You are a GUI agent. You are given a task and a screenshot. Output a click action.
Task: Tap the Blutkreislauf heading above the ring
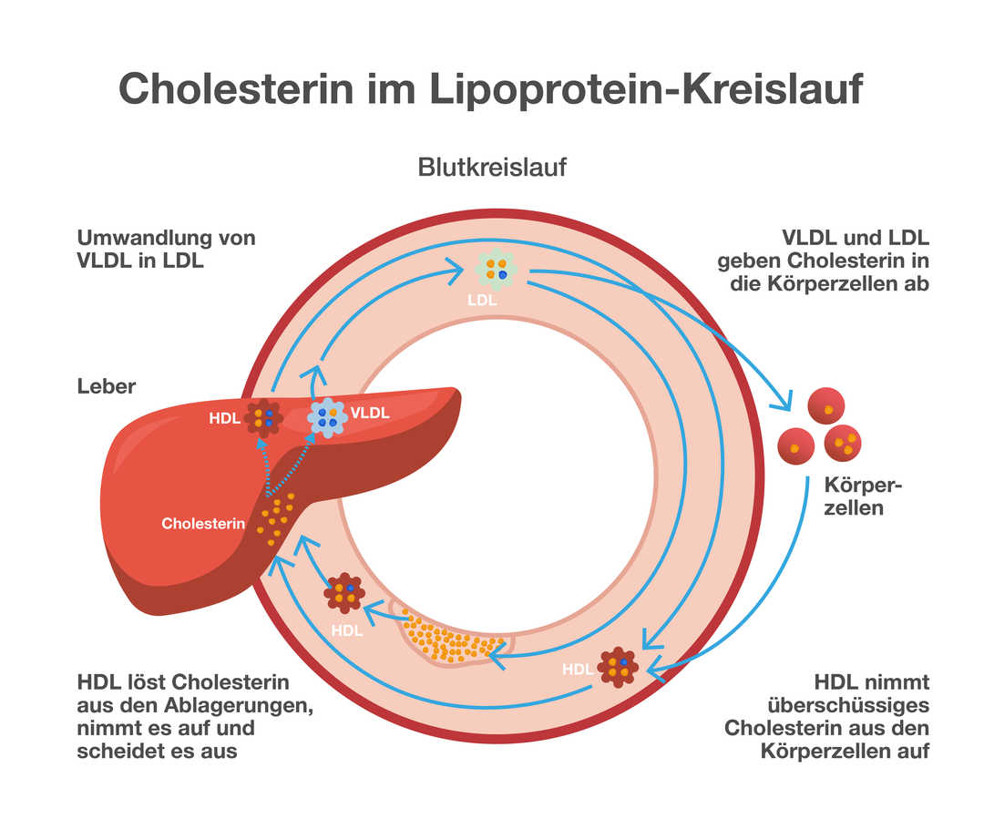click(x=493, y=168)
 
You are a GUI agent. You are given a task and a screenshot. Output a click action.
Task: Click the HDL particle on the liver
click(x=263, y=418)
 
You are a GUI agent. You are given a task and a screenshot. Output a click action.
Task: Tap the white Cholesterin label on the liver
click(x=203, y=524)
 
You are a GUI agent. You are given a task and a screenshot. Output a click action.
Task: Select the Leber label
click(x=107, y=386)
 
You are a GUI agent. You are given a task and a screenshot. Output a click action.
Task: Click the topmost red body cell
click(x=827, y=406)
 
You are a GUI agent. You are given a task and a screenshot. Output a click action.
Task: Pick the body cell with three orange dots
click(x=843, y=444)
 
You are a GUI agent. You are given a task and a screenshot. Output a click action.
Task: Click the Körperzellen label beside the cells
click(x=854, y=496)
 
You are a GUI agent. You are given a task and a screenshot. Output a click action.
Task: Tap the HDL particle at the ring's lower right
click(x=618, y=668)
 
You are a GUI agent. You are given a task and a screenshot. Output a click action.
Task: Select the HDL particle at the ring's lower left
click(x=344, y=593)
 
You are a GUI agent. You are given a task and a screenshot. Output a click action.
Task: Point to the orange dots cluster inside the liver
click(x=275, y=518)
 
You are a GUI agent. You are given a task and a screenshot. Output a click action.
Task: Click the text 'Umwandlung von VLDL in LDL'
click(x=166, y=250)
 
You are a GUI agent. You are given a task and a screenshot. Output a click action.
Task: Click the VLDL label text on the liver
click(x=370, y=413)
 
